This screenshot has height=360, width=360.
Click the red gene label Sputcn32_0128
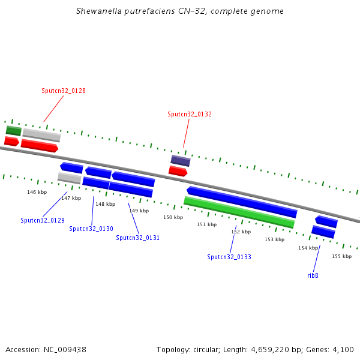click(x=64, y=91)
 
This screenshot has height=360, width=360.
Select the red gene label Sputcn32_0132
click(x=190, y=114)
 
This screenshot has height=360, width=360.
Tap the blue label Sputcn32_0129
click(x=43, y=220)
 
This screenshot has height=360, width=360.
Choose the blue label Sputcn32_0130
click(x=91, y=229)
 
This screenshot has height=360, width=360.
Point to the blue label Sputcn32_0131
click(x=138, y=238)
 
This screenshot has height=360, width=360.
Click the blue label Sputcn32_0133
click(x=229, y=257)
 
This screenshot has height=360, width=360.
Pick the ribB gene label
click(x=313, y=275)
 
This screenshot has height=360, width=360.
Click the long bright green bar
click(x=239, y=212)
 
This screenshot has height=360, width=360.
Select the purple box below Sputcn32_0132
click(x=181, y=160)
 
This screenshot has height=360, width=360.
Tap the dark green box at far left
click(x=14, y=131)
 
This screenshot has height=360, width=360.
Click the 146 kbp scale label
click(x=37, y=192)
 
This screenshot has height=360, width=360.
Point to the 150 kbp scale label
click(x=173, y=217)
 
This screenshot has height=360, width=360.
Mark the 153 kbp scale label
click(x=275, y=239)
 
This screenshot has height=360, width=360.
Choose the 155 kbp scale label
click(x=341, y=256)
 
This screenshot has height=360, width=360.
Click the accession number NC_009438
click(x=65, y=350)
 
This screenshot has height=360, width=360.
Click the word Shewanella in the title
click(x=99, y=11)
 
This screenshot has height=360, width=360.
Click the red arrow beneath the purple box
click(x=178, y=171)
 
